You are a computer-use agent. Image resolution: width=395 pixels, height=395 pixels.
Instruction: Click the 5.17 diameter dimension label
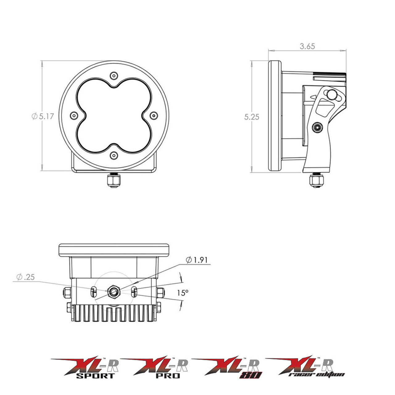pos(43,116)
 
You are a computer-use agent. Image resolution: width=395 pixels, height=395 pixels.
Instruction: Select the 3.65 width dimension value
pos(307,46)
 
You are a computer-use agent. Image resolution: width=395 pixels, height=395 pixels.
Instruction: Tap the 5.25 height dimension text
pos(252,117)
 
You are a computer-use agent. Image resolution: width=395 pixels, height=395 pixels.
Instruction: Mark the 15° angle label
pos(183,293)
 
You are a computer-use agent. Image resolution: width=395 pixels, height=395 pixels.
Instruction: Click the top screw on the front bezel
pos(114,75)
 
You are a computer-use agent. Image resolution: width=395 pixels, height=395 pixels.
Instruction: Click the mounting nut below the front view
pos(114,181)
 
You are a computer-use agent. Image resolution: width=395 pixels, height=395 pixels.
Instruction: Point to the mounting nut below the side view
pos(316,181)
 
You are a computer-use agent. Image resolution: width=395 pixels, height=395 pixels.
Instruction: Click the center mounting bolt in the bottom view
pos(114,291)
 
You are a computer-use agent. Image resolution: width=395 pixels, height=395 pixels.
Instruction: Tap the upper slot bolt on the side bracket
pos(332,94)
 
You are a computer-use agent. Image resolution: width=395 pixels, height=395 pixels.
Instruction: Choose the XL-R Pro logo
pos(156,368)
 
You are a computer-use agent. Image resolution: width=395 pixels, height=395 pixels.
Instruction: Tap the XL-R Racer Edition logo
pos(306,367)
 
